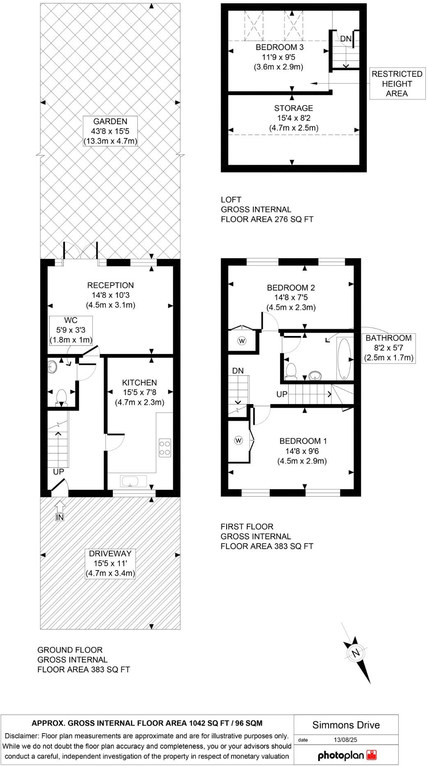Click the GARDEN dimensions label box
point(110,131)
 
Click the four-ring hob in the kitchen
point(165,448)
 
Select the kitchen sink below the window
point(133,481)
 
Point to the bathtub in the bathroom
point(344,359)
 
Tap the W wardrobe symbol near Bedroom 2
point(242,340)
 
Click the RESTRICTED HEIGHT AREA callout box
point(397,84)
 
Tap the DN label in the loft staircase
point(346,39)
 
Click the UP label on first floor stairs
point(282,394)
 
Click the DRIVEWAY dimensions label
point(110,564)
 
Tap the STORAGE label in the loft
point(294,108)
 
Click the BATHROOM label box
point(388,347)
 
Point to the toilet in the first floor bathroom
point(291,370)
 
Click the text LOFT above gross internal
point(231,200)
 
